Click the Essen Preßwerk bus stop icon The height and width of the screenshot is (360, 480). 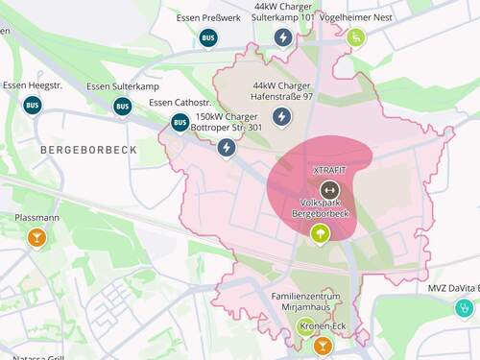click(x=208, y=38)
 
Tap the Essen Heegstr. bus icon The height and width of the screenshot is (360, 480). click(x=33, y=105)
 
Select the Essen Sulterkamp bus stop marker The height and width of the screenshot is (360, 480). click(x=122, y=106)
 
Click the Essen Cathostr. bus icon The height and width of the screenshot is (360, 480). click(x=180, y=122)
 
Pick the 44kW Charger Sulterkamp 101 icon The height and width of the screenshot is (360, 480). click(x=283, y=37)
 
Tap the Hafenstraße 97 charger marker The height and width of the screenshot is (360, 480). click(x=282, y=117)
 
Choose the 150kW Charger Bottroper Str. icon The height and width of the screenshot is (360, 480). click(x=227, y=148)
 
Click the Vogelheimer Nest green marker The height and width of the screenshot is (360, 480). click(x=356, y=37)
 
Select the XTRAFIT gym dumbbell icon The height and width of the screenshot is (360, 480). click(x=329, y=189)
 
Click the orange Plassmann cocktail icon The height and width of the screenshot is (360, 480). click(x=36, y=237)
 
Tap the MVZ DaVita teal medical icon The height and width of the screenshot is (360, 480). click(x=464, y=308)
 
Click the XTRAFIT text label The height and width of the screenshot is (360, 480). click(x=329, y=170)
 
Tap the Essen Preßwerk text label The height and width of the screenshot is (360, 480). click(x=208, y=18)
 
